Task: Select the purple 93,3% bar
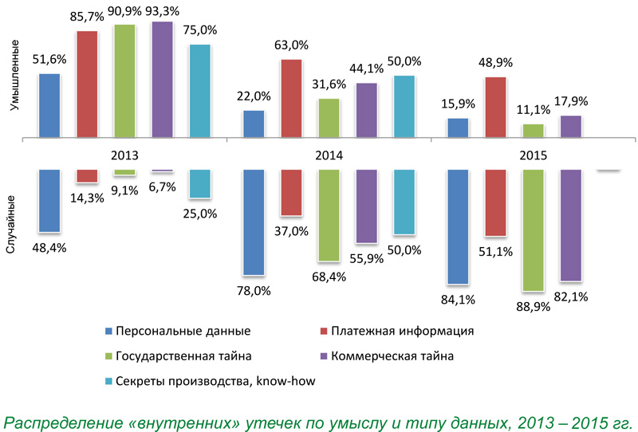162,80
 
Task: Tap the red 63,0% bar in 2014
291,99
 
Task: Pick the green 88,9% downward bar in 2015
532,230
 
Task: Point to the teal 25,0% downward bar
199,183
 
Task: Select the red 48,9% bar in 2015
494,108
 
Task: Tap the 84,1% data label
459,300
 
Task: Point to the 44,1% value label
367,69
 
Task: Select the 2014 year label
328,155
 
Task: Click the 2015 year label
530,155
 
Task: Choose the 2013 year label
124,155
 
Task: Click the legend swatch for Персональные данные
108,330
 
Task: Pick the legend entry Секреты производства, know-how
215,381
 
